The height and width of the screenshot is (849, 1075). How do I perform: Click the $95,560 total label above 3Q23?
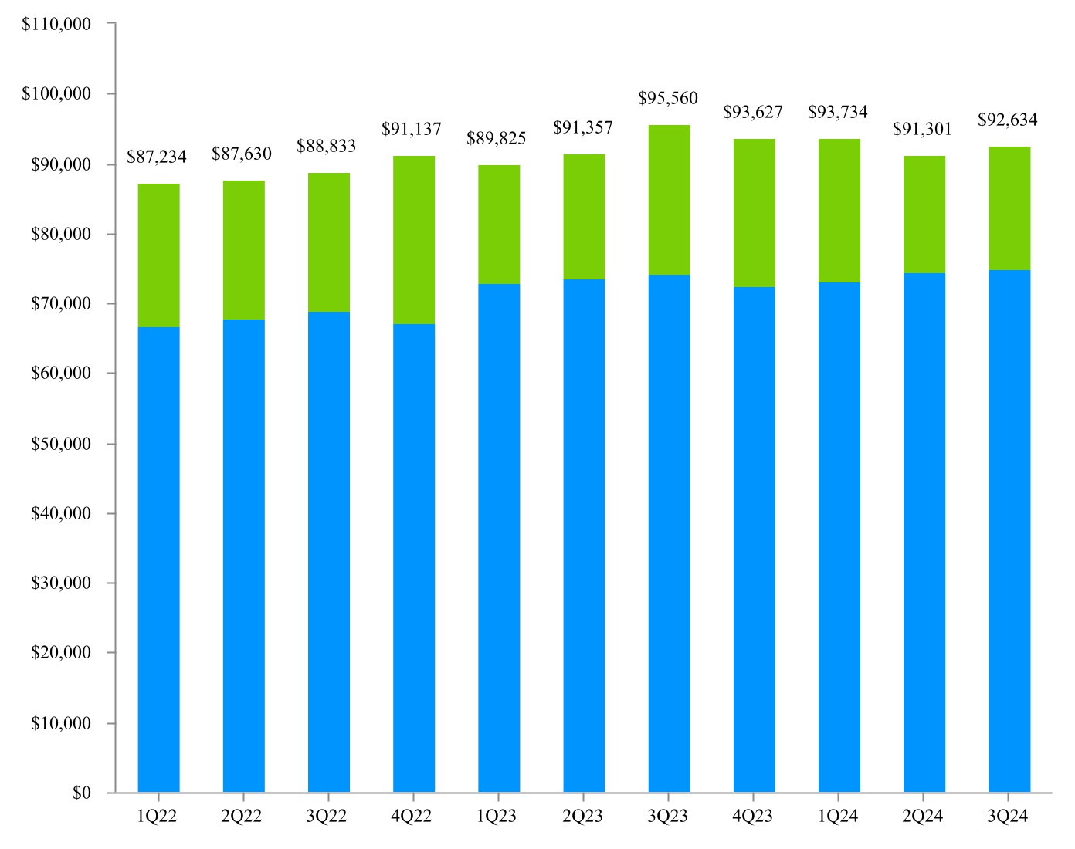(667, 99)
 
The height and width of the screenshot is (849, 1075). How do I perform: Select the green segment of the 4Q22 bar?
(413, 240)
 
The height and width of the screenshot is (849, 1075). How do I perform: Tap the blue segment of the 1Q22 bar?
(158, 560)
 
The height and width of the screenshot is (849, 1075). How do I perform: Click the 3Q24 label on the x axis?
(1008, 817)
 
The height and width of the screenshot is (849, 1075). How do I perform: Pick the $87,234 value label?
(157, 157)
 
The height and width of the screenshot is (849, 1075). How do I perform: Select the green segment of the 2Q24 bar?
(924, 215)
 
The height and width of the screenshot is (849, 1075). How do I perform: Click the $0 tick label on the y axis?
(82, 793)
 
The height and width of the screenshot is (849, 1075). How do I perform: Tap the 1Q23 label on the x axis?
(497, 817)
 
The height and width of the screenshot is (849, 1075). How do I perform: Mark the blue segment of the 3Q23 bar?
(669, 533)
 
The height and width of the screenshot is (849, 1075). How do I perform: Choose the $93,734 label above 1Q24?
(838, 113)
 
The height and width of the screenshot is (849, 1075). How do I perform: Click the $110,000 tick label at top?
(56, 24)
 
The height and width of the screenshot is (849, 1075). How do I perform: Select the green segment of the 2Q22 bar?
(243, 250)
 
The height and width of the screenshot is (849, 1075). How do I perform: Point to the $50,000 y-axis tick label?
(60, 445)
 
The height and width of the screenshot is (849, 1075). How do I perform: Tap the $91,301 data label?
(923, 130)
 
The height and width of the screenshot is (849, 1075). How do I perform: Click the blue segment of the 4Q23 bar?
(754, 540)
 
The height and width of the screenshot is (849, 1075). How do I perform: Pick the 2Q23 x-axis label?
(583, 817)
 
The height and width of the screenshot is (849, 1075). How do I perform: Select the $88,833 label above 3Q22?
(327, 147)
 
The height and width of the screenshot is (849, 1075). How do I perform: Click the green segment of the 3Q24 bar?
(1009, 208)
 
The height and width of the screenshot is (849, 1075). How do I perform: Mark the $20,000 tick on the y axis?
(60, 653)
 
